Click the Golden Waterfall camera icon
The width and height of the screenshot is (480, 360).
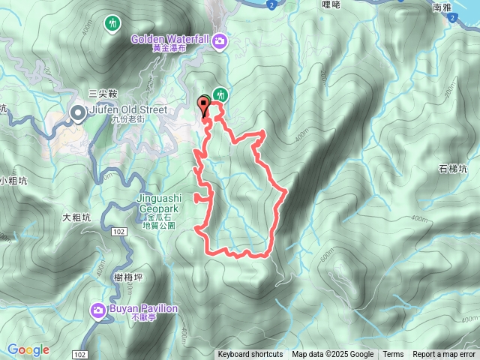(x=220, y=40)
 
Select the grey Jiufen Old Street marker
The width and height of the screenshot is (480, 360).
(x=78, y=113)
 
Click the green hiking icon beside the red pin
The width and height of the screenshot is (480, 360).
(x=220, y=94)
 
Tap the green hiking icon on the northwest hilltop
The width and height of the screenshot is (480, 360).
(x=113, y=24)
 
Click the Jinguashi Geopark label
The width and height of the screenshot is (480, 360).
(x=157, y=199)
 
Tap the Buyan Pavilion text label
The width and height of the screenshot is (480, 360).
(x=145, y=308)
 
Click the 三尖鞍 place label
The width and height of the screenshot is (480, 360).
(x=103, y=93)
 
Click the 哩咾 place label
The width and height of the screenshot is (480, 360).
(x=331, y=4)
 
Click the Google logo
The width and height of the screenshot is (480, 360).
(x=28, y=349)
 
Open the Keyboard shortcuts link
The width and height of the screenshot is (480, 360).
(x=250, y=355)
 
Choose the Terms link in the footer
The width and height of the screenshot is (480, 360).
(x=393, y=355)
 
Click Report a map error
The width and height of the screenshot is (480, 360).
(x=445, y=355)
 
